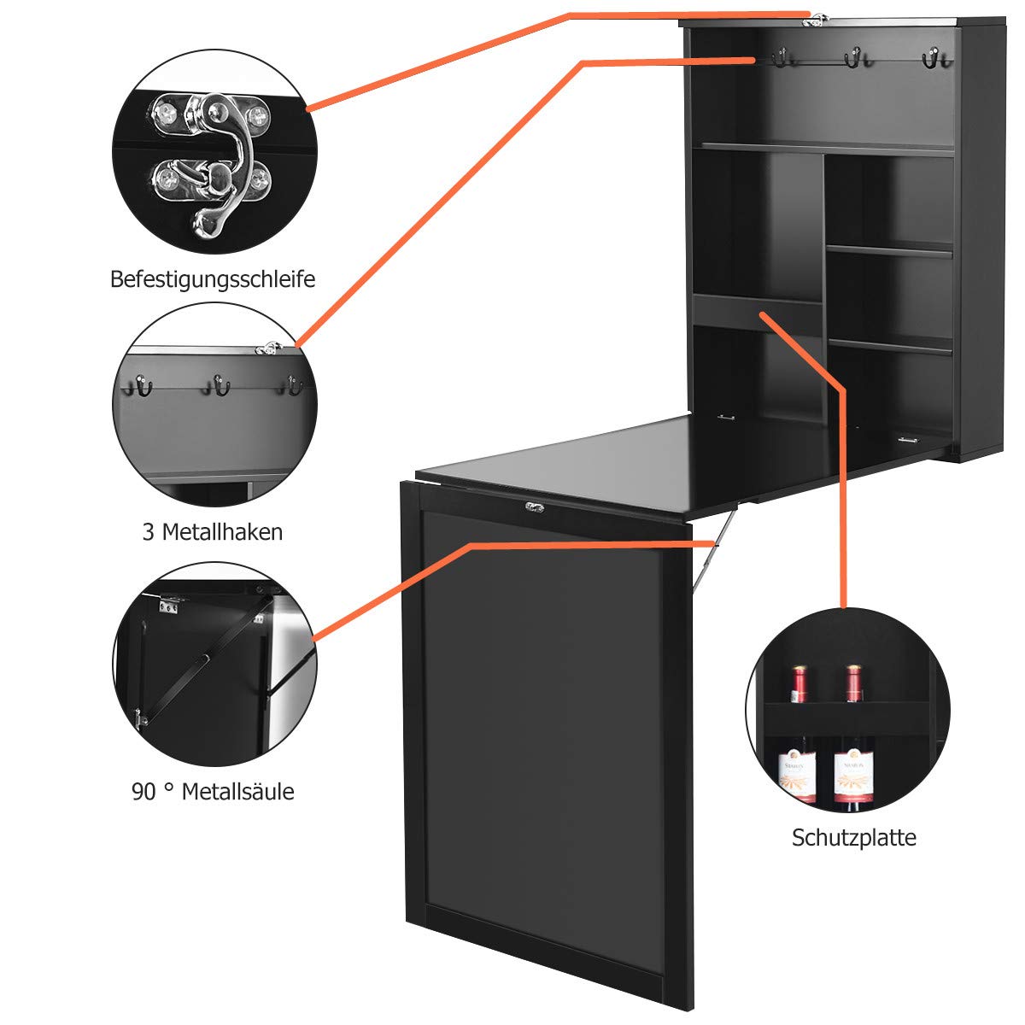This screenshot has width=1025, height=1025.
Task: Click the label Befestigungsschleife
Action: click(x=213, y=279)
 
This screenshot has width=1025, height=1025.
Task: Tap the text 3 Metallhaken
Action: click(x=212, y=532)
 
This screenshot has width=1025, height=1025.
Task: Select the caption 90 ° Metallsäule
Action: click(x=213, y=792)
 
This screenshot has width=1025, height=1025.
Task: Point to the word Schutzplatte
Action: click(x=853, y=837)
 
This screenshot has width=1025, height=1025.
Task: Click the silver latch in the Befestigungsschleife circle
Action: click(x=211, y=161)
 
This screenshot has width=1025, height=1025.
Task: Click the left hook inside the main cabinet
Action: click(x=780, y=58)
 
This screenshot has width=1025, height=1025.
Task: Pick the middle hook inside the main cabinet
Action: click(x=852, y=58)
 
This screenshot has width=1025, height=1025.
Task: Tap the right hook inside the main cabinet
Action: click(x=931, y=58)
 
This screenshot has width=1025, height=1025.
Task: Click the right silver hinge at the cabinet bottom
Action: click(x=907, y=440)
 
